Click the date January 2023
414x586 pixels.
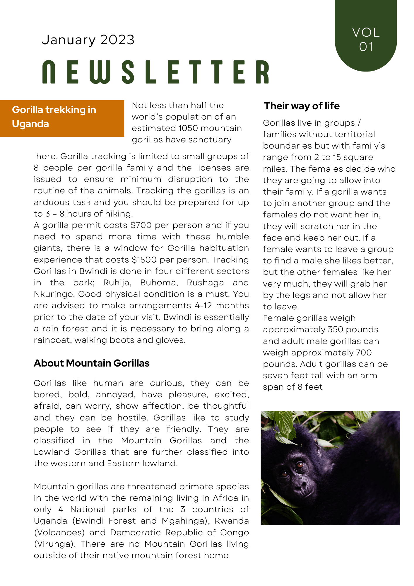click(88, 40)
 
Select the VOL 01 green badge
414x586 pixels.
click(366, 38)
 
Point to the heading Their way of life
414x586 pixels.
click(302, 106)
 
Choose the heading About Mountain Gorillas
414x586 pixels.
click(92, 363)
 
